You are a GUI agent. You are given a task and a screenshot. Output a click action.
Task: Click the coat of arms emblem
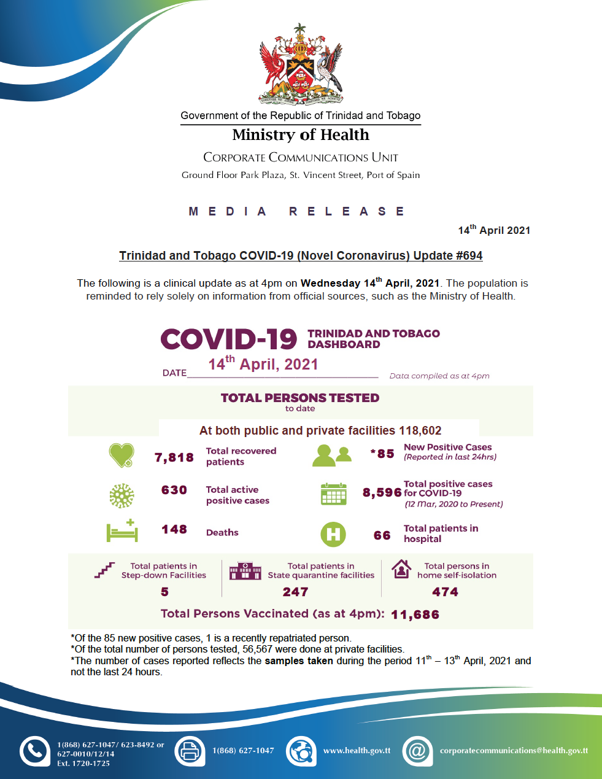pyautogui.click(x=300, y=65)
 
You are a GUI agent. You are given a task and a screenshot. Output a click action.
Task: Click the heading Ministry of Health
pyautogui.click(x=301, y=135)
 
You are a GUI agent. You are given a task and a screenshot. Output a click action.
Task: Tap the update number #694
pyautogui.click(x=469, y=255)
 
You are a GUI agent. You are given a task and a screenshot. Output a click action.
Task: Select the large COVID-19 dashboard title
pyautogui.click(x=229, y=339)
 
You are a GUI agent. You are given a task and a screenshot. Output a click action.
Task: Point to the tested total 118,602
pyautogui.click(x=420, y=430)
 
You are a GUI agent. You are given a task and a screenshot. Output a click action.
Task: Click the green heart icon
pyautogui.click(x=121, y=455)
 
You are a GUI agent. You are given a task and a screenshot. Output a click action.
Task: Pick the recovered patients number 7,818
pyautogui.click(x=174, y=457)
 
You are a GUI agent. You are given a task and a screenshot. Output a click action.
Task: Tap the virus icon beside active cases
pyautogui.click(x=121, y=495)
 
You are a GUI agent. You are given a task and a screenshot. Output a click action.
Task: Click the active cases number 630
pyautogui.click(x=174, y=490)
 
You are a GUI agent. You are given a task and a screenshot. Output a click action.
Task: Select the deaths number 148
pyautogui.click(x=174, y=529)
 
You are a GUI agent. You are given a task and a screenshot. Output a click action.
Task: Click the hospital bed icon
pyautogui.click(x=122, y=531)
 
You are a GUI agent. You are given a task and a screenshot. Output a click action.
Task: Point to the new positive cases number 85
pyautogui.click(x=385, y=454)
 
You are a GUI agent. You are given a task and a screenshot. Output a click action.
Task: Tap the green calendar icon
pyautogui.click(x=333, y=494)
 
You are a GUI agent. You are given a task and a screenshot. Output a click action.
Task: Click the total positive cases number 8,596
pyautogui.click(x=382, y=492)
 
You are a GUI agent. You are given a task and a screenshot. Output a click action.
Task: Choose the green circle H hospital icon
pyautogui.click(x=333, y=534)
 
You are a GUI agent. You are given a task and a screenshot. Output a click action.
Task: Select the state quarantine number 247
pyautogui.click(x=295, y=592)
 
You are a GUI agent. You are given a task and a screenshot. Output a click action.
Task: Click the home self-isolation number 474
pyautogui.click(x=445, y=592)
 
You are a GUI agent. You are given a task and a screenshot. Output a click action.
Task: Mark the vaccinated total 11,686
pyautogui.click(x=415, y=614)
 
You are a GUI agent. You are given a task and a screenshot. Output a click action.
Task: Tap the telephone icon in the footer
pyautogui.click(x=35, y=751)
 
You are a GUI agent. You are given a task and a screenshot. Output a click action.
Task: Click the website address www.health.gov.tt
pyautogui.click(x=357, y=750)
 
